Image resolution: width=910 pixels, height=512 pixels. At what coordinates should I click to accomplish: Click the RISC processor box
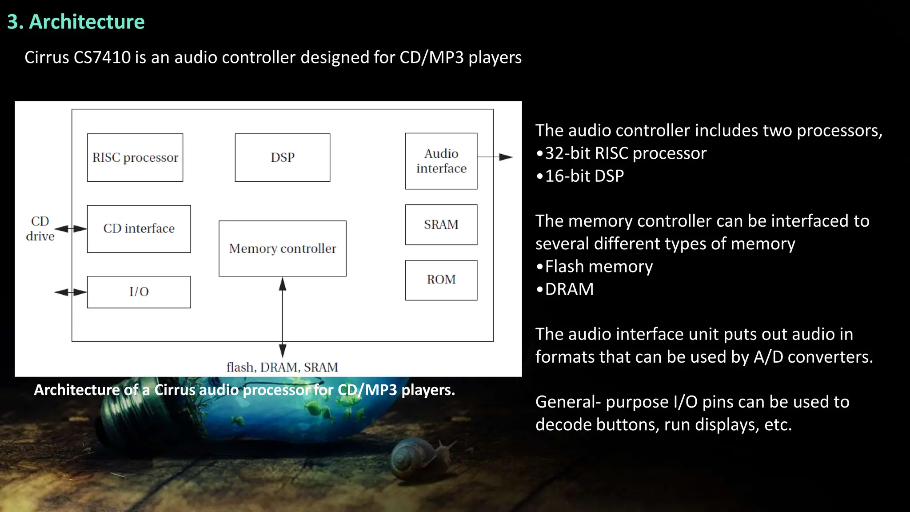point(135,157)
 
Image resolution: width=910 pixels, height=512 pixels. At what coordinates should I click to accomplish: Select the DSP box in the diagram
point(283,157)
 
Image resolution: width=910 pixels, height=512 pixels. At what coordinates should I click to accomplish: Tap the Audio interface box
point(441,161)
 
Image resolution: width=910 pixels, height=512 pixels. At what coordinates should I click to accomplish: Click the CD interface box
point(139,228)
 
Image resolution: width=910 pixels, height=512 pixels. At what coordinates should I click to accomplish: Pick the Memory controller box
point(283,248)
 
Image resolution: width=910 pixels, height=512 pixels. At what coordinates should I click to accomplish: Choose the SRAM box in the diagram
point(441,224)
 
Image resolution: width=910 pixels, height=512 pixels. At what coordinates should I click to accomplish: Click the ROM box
point(441,280)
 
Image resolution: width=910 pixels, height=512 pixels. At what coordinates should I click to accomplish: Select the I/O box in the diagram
point(139,292)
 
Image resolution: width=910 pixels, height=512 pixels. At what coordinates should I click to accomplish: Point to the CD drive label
point(40,228)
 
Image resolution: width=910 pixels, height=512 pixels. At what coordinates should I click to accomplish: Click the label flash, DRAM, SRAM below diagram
point(283,367)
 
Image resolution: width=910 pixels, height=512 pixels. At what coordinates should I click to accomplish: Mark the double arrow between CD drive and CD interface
point(71,229)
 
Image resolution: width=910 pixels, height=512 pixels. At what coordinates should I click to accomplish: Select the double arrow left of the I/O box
point(71,292)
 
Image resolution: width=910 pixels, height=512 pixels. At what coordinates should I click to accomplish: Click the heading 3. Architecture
point(76,22)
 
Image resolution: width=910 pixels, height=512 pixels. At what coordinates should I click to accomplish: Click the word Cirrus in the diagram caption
point(175,390)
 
